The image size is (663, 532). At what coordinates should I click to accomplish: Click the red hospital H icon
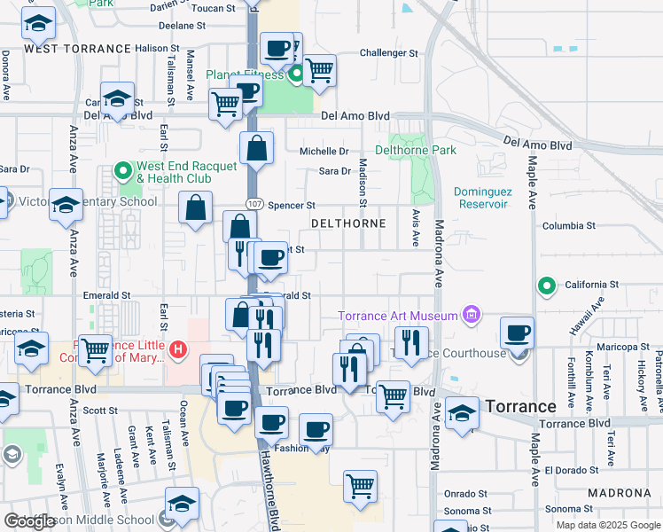178,350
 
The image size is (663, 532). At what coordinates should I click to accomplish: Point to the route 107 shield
253,205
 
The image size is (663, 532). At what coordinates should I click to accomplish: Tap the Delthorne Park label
423,150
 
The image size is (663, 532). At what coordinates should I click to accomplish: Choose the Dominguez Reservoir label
483,198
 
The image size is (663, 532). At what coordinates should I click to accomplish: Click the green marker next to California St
547,286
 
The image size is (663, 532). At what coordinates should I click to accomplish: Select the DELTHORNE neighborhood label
348,223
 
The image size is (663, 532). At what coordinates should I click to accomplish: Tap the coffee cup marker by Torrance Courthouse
517,334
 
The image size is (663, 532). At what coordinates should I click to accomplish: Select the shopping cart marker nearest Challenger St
319,71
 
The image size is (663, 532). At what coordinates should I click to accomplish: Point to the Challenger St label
388,53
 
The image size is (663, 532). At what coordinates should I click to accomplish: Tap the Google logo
29,521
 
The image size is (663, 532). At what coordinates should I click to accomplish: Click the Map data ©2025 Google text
607,525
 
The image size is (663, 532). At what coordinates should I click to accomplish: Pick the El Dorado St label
573,469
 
